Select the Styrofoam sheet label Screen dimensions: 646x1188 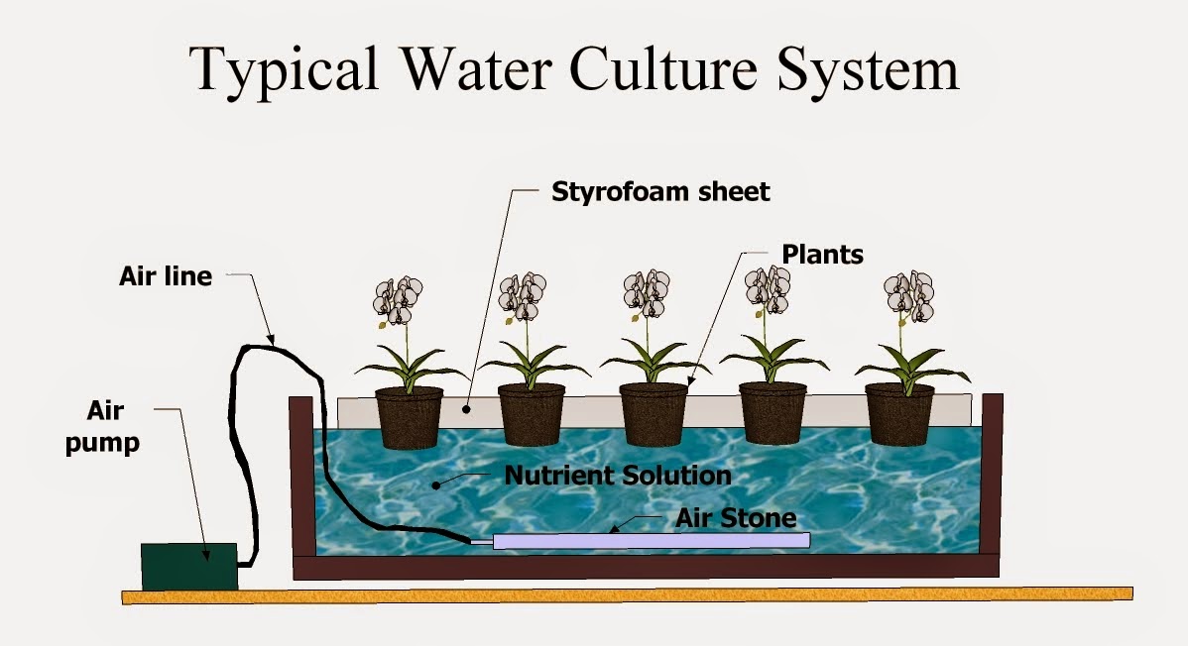[x=660, y=191]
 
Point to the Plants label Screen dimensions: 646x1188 [x=822, y=255]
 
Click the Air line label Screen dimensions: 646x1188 [x=166, y=276]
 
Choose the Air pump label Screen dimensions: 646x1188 [x=102, y=428]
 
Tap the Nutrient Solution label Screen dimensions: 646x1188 [x=617, y=475]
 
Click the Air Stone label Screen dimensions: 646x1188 [x=736, y=517]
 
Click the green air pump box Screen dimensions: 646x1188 [x=188, y=565]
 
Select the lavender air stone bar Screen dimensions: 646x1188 [x=651, y=541]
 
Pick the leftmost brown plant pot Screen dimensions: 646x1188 [x=409, y=414]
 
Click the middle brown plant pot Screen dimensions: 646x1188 [x=653, y=414]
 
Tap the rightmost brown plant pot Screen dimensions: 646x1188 [x=899, y=414]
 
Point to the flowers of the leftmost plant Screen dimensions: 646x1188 [x=399, y=299]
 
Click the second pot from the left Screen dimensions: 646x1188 [x=531, y=414]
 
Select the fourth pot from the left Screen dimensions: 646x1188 [x=773, y=414]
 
